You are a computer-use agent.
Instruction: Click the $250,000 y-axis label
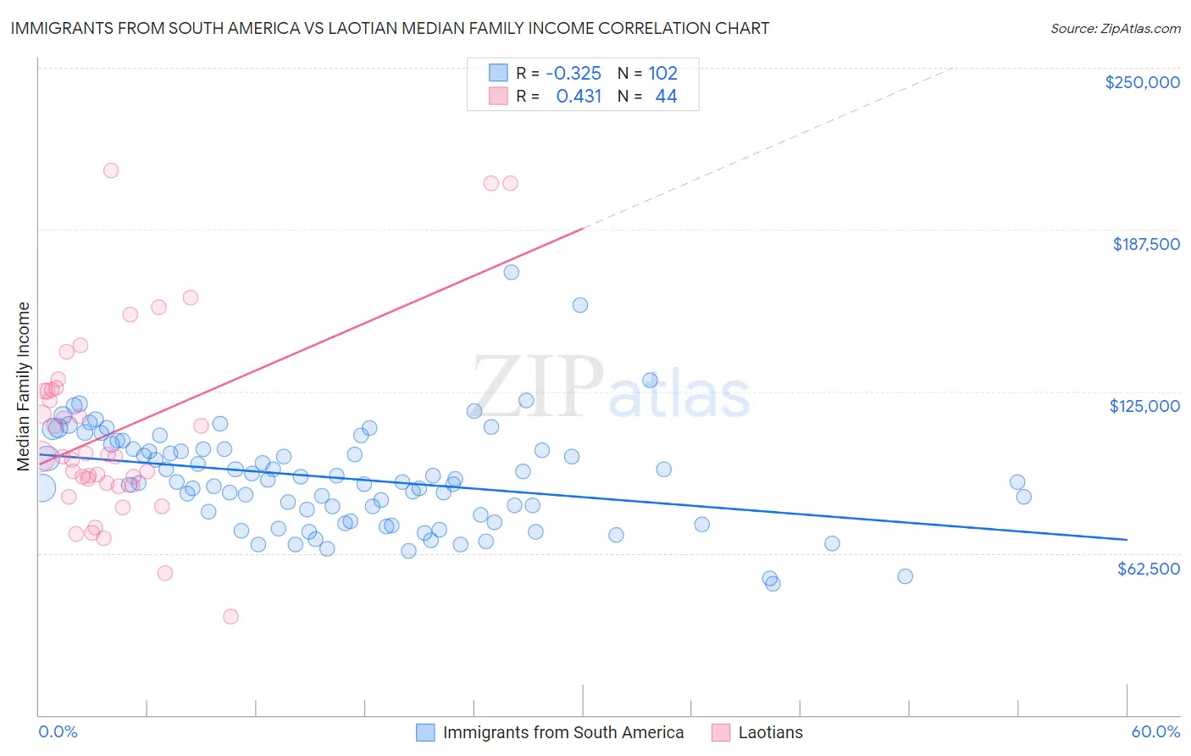coord(1142,82)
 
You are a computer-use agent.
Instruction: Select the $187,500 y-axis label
coord(1145,244)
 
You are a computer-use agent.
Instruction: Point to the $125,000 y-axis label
coord(1144,406)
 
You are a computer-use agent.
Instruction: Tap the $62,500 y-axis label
coord(1148,569)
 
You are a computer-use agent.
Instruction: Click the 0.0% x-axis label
coord(58,731)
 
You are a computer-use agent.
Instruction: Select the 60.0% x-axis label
coord(1155,731)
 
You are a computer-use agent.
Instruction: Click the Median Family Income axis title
coord(23,386)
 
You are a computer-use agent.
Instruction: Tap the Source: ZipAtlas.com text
coord(1115,28)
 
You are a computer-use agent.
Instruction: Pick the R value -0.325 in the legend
coord(573,73)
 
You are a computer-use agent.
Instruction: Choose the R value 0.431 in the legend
coord(579,97)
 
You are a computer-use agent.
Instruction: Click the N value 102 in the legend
coord(662,73)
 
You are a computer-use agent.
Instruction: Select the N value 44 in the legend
coord(666,97)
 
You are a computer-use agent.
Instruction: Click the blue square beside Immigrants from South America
coord(425,732)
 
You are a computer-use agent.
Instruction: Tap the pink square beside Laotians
coord(721,732)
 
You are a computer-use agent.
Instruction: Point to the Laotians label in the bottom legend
coord(770,732)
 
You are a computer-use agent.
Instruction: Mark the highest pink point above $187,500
coord(111,170)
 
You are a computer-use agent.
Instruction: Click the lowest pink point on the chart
coord(230,616)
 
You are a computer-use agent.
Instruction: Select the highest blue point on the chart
coord(512,272)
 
